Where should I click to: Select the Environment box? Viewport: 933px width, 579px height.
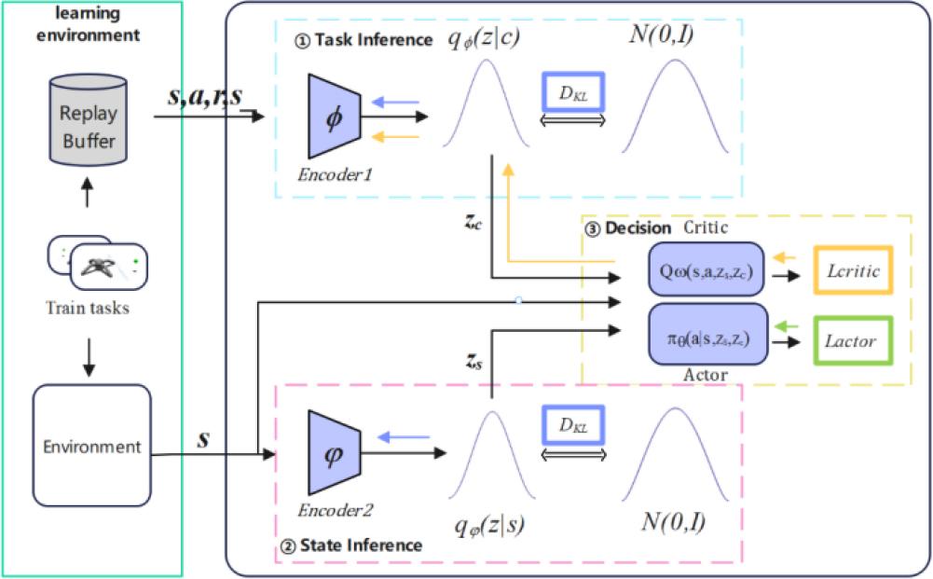tap(90, 446)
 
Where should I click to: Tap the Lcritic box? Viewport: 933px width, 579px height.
tap(853, 271)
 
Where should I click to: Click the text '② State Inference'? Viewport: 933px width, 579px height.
tap(353, 544)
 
